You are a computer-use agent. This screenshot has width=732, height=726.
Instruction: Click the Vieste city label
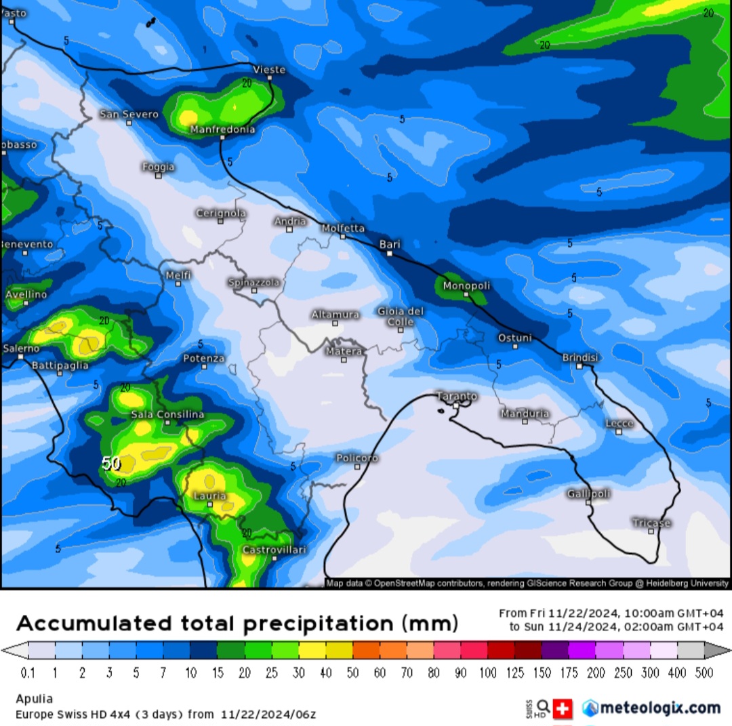[269, 69]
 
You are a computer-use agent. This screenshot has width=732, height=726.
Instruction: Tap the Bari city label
[390, 244]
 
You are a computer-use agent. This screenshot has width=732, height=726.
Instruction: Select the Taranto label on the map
[456, 396]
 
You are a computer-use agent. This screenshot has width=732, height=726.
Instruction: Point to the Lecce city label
[619, 423]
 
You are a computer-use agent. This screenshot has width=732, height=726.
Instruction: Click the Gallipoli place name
[588, 493]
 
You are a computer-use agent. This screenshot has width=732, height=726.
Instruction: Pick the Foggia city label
[158, 167]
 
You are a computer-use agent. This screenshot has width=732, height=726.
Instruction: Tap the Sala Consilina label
[167, 414]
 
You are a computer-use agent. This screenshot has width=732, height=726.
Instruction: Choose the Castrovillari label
[274, 549]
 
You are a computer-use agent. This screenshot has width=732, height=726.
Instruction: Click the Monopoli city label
[466, 285]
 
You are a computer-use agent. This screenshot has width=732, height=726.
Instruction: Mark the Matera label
[344, 351]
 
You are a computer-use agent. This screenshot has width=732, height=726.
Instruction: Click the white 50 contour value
[111, 464]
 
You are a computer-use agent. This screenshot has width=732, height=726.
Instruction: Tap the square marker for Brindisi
[579, 366]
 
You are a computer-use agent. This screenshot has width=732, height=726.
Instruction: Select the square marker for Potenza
[203, 367]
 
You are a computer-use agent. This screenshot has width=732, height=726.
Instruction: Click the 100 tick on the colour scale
[487, 673]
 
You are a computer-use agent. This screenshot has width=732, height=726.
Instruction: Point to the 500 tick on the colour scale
[704, 673]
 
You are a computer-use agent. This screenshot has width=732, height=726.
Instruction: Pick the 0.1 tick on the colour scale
[28, 673]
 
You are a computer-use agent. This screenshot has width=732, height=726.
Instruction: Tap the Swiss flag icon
[563, 709]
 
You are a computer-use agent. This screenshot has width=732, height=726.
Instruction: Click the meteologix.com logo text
[659, 708]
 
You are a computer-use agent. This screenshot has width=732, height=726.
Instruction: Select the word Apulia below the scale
[34, 699]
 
